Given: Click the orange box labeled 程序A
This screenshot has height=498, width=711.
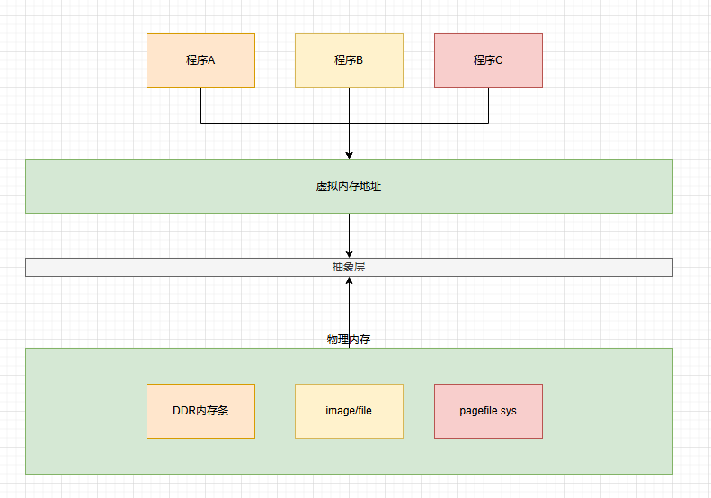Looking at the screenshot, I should tap(200, 60).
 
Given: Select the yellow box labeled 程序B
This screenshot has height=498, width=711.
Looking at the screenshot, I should tap(349, 60).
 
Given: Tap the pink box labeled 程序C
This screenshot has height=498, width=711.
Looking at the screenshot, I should tap(488, 60).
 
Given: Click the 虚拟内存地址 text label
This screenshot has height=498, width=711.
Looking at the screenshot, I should tap(349, 187).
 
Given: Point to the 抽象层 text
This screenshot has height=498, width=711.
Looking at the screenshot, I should tap(349, 267).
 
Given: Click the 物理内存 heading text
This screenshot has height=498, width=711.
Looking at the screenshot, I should tap(349, 340).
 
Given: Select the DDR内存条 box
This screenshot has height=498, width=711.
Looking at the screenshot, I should tap(200, 411).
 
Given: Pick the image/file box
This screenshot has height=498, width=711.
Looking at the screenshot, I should tap(349, 411).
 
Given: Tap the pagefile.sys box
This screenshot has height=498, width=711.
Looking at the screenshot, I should tap(488, 411).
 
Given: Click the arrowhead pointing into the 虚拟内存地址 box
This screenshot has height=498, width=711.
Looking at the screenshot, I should tap(349, 155).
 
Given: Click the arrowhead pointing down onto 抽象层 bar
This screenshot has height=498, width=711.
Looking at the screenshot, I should tap(349, 253).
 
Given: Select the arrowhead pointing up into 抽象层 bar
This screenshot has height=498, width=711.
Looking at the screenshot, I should tap(349, 281).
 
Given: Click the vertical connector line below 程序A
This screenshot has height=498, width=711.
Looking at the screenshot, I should tap(200, 105).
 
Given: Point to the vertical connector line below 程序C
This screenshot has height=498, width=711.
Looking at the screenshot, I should tap(488, 105).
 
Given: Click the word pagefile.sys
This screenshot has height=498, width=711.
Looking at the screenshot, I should tap(488, 411).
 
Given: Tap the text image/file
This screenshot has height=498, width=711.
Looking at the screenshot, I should tap(349, 411).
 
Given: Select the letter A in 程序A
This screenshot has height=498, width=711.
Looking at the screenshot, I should tap(212, 60).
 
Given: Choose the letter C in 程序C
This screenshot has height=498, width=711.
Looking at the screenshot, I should tap(499, 60).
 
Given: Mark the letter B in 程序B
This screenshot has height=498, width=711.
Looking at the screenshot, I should tap(360, 60).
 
